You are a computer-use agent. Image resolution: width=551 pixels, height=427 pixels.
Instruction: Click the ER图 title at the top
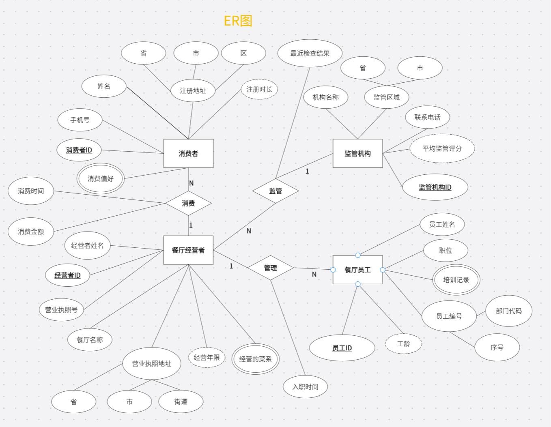[x=238, y=21]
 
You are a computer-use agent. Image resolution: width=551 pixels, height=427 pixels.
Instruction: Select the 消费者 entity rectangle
[x=188, y=153]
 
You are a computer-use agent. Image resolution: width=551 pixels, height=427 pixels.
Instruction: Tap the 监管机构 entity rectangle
[x=357, y=153]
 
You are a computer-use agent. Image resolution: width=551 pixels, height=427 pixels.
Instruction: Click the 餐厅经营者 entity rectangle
[x=188, y=250]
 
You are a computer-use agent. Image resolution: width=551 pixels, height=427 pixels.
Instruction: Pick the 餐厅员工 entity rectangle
[x=357, y=270]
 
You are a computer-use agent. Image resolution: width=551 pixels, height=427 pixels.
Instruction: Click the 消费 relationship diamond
[x=188, y=203]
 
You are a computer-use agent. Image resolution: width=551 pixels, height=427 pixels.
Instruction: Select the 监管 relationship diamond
[x=275, y=191]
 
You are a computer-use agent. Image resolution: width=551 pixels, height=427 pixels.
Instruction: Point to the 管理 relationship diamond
[x=270, y=268]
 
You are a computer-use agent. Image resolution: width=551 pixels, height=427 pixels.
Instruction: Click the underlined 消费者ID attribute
[x=79, y=150]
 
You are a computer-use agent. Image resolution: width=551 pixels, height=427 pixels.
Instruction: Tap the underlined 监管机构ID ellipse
[x=435, y=187]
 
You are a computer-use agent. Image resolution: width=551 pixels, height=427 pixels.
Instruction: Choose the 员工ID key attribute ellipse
[x=342, y=348]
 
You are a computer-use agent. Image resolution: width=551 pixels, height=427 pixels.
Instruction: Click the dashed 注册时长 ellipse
[x=259, y=89]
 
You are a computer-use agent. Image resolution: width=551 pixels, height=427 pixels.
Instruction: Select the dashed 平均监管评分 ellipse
[x=442, y=148]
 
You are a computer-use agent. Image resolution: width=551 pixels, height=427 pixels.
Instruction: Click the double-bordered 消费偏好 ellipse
[x=100, y=178]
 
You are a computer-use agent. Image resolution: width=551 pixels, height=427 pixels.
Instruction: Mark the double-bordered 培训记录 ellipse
[x=456, y=280]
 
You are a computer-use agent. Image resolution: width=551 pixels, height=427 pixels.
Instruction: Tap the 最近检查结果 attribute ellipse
[x=310, y=53]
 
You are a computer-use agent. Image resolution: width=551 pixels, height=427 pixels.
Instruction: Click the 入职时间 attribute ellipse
[x=305, y=386]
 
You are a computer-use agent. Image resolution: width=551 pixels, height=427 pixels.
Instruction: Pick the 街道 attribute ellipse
[x=181, y=401]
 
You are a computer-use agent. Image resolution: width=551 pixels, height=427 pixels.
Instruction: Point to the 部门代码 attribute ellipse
[x=508, y=311]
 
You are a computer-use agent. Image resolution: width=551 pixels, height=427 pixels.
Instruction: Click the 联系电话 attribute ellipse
[x=427, y=117]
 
